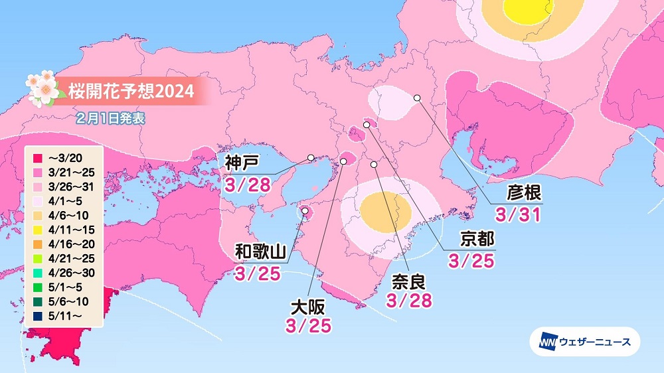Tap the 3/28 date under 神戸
click(x=247, y=184)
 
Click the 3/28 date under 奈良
click(x=409, y=300)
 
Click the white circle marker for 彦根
click(x=417, y=98)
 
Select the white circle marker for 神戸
click(x=310, y=158)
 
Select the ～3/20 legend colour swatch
click(x=37, y=159)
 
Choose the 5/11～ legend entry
click(x=63, y=316)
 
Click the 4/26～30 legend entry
click(x=66, y=273)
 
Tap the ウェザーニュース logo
click(x=584, y=342)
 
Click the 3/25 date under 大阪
click(x=308, y=326)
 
